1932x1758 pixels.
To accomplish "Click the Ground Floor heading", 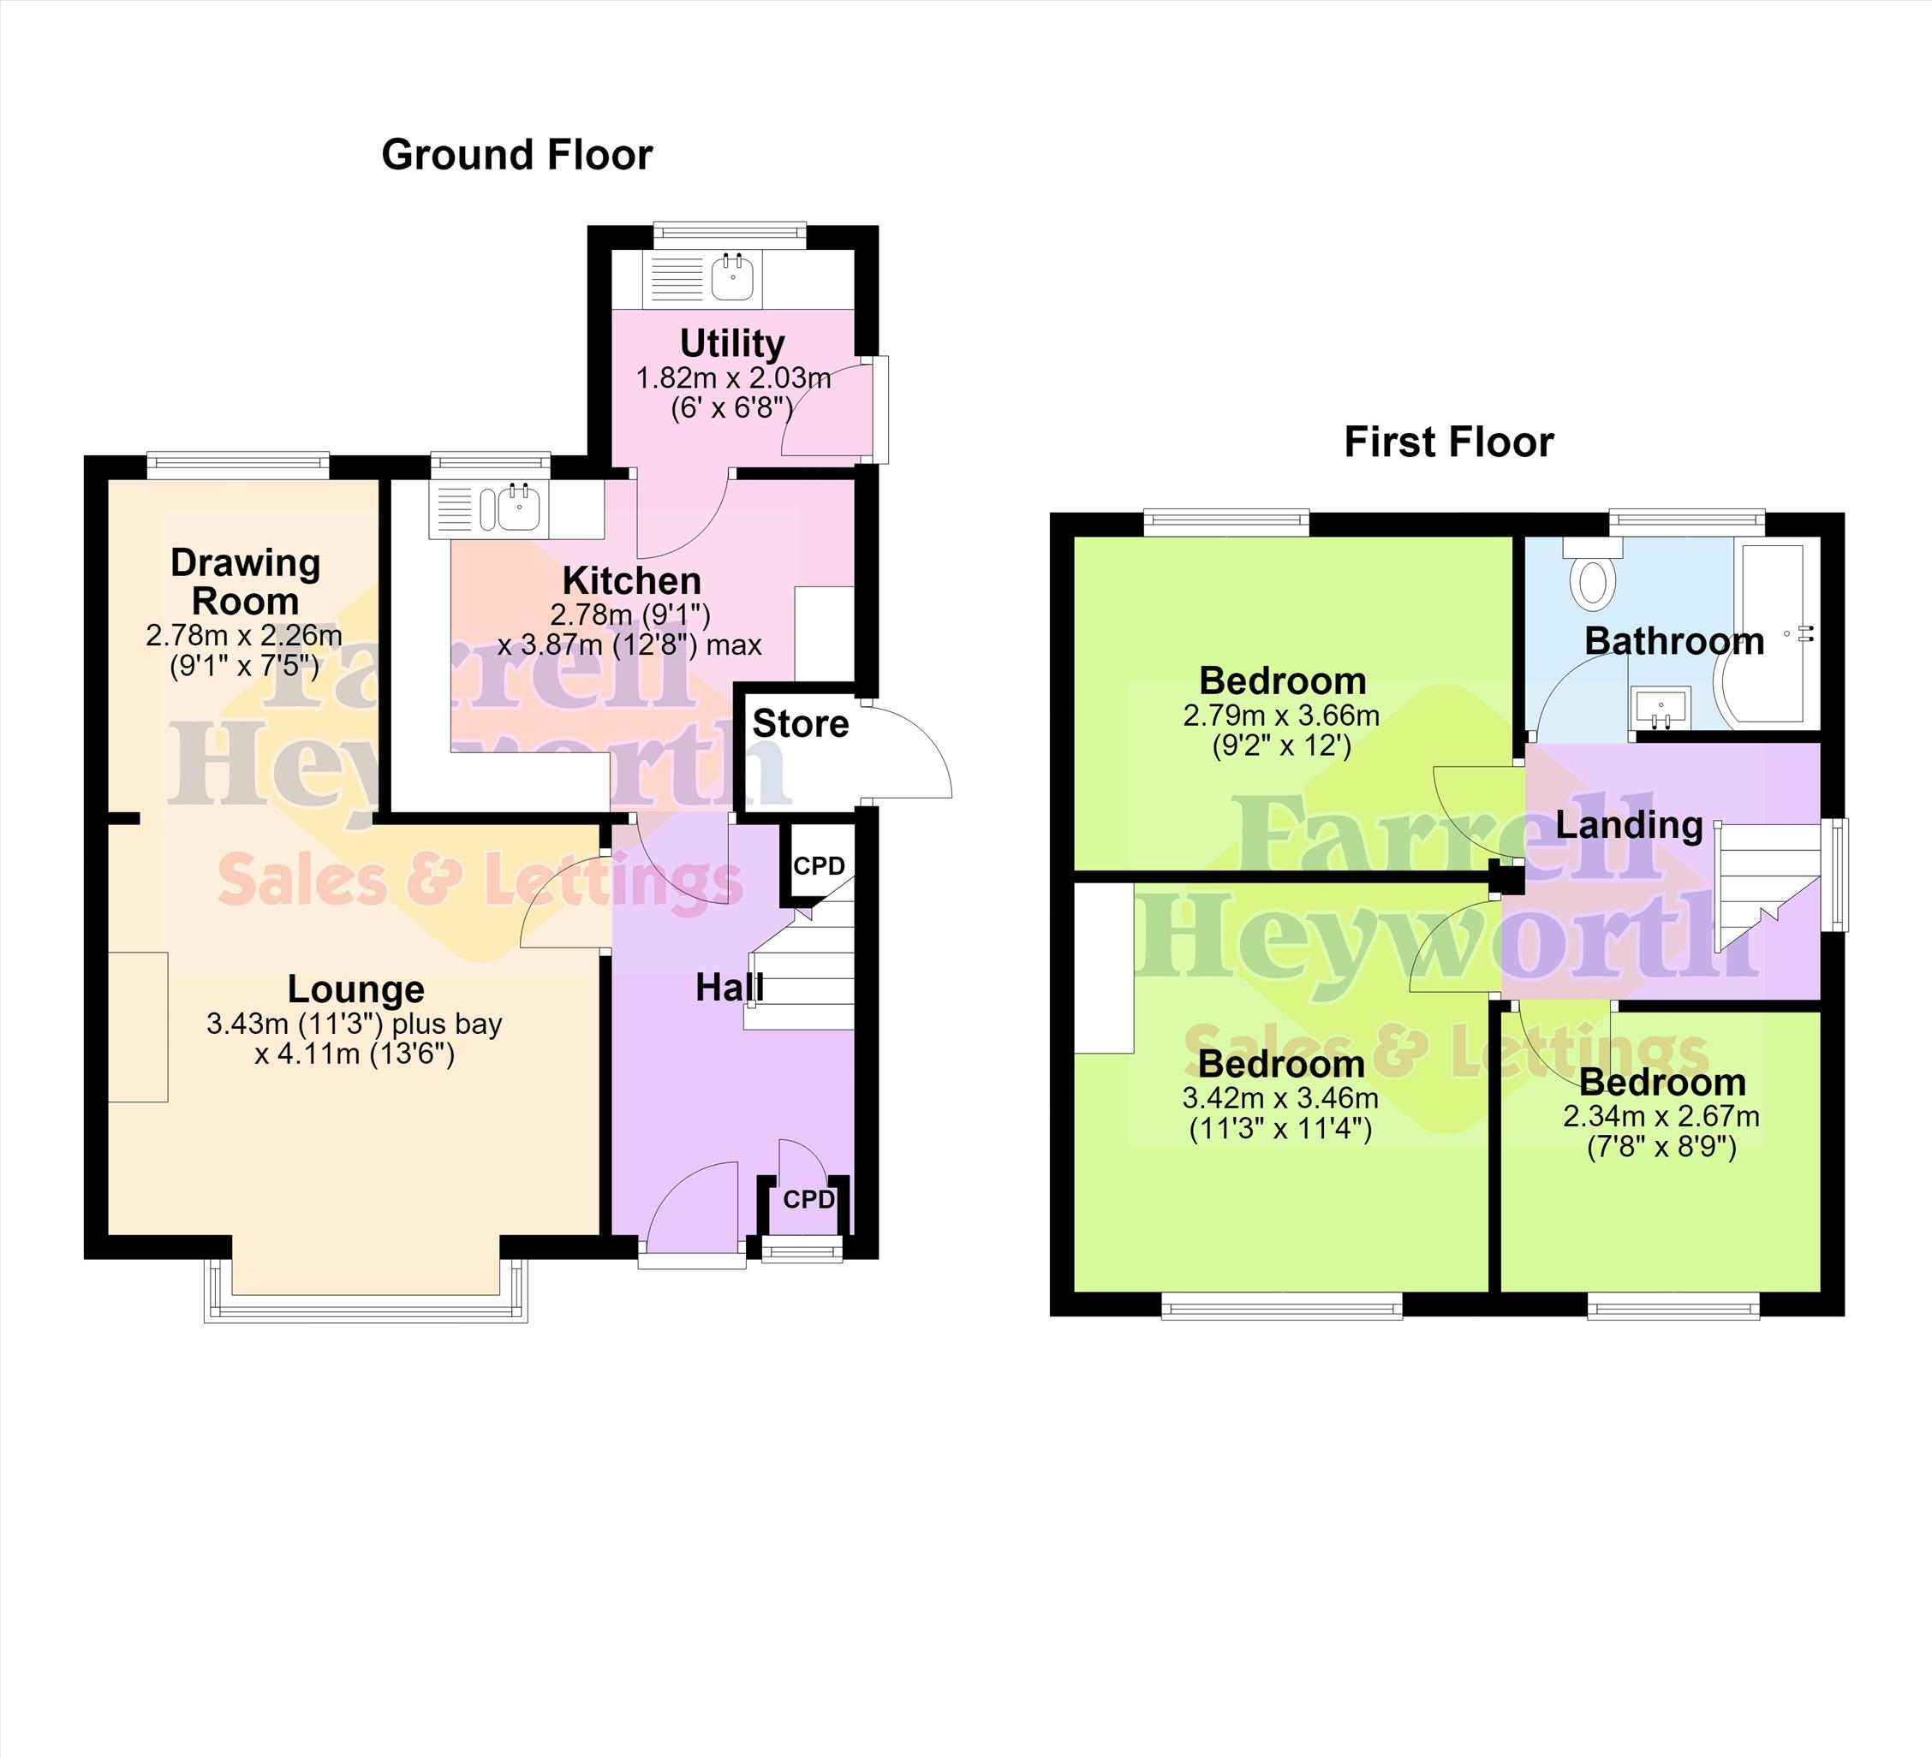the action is click(x=516, y=154).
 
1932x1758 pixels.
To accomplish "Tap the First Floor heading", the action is click(x=1449, y=442).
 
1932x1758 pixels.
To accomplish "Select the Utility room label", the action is click(x=732, y=343).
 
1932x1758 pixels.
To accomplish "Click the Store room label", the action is click(x=800, y=723).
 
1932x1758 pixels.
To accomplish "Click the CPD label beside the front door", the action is click(x=808, y=1199).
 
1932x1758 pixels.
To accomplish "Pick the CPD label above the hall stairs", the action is click(x=819, y=866).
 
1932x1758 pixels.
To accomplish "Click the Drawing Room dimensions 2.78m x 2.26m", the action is click(x=243, y=635).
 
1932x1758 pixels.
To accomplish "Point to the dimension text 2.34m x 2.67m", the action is click(x=1661, y=1116).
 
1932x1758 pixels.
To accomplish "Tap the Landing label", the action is click(x=1628, y=825).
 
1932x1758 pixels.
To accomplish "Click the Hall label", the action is click(x=730, y=987).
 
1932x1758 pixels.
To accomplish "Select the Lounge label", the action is click(x=355, y=989).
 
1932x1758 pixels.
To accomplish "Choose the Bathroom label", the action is click(x=1674, y=641).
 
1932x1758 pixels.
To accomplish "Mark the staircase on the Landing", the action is click(x=1766, y=886).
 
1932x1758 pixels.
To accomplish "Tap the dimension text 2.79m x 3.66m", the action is click(x=1281, y=715).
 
